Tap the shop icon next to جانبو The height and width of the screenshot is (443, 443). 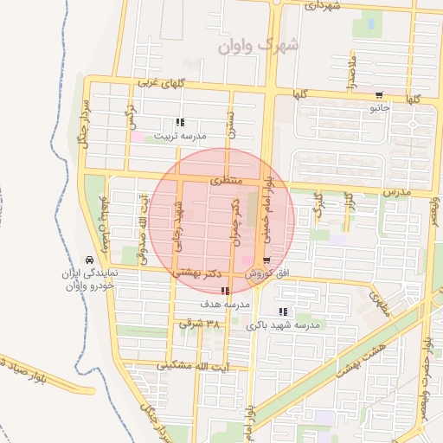(x=379, y=95)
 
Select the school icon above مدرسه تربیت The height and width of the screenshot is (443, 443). (x=180, y=123)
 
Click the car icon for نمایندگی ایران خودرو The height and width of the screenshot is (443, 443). (x=89, y=260)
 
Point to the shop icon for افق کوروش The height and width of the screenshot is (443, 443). (x=266, y=260)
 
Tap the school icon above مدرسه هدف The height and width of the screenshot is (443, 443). (x=226, y=292)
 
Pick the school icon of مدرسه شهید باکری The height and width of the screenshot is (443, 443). (x=283, y=311)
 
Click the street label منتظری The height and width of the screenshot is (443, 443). (x=224, y=181)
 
